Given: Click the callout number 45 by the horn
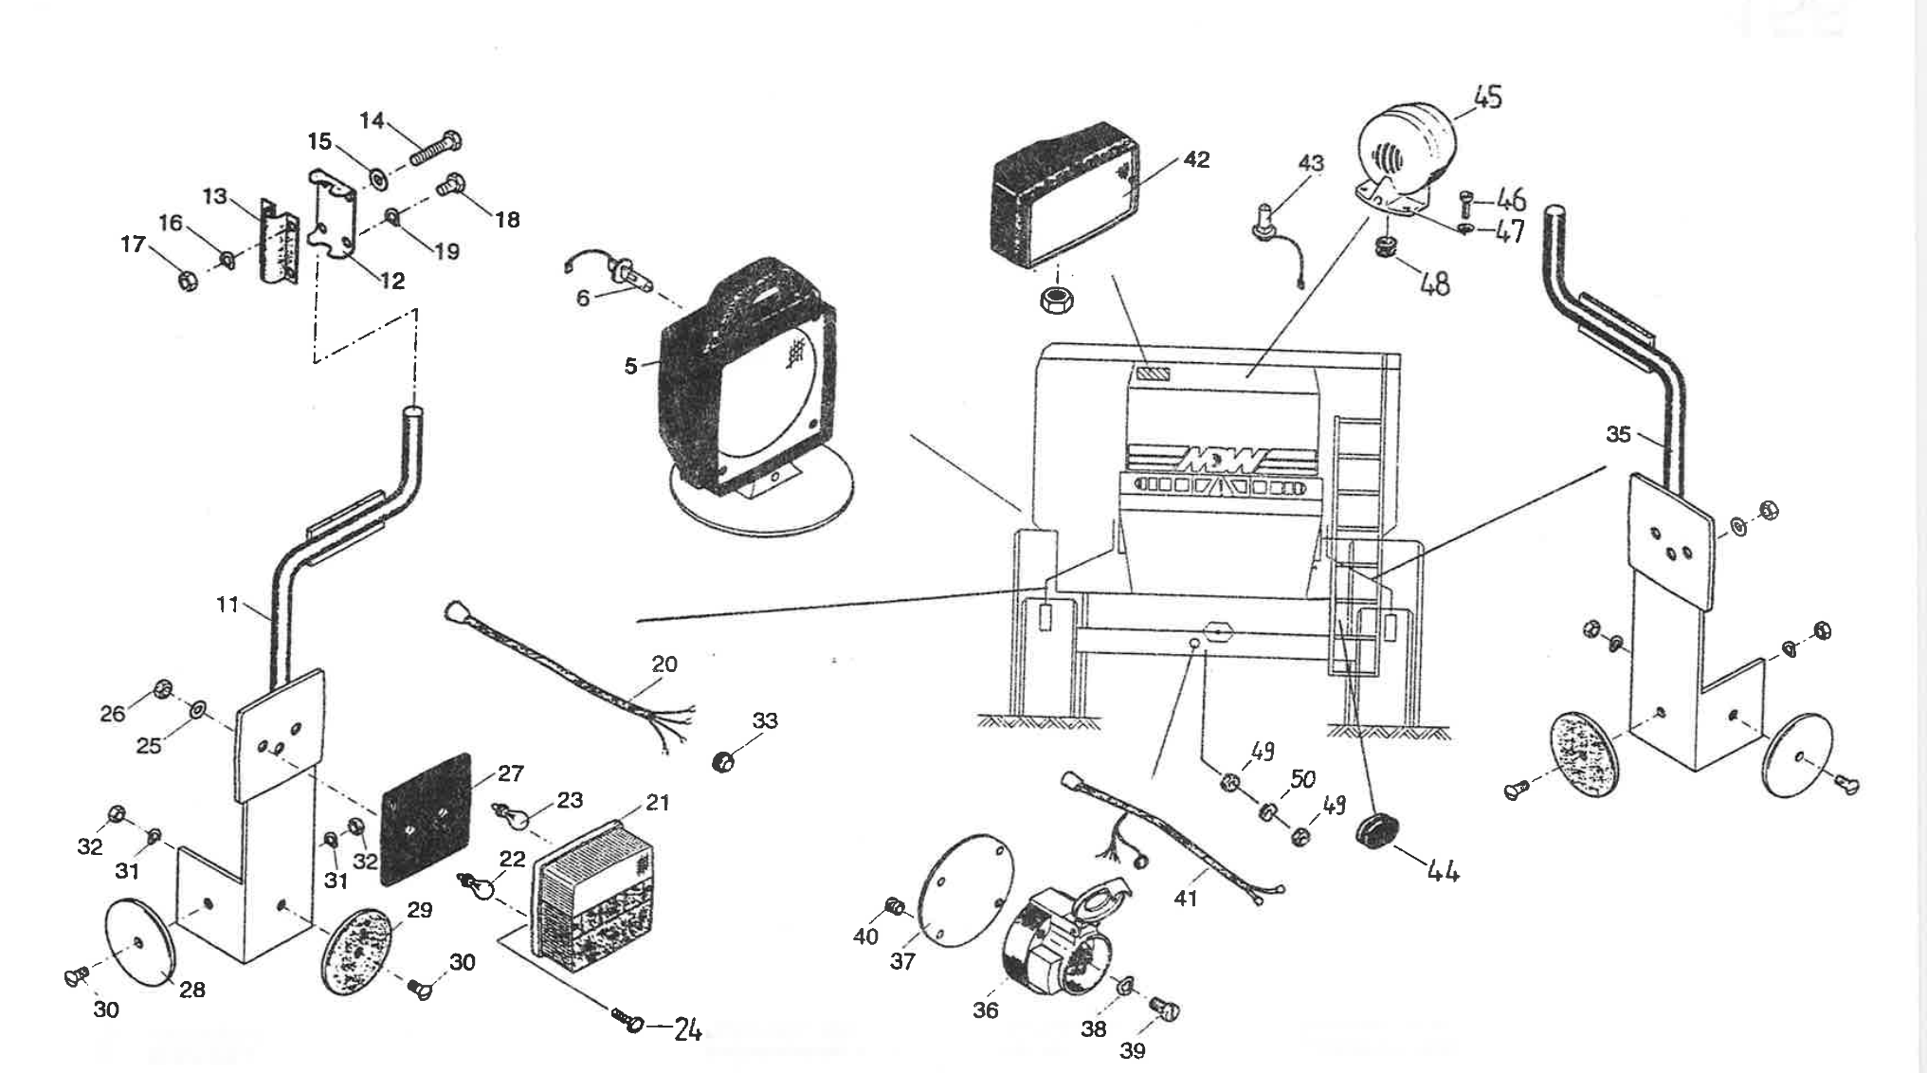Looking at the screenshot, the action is tap(1487, 97).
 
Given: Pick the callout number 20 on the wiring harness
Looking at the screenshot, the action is tap(664, 664).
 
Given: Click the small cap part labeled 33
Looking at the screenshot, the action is tap(723, 760).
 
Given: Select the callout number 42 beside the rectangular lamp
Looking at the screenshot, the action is tap(1197, 159).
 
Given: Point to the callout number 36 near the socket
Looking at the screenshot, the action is tap(986, 1009).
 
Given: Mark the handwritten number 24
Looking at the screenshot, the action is tap(687, 1030).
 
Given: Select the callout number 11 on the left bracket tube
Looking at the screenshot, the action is tap(227, 604).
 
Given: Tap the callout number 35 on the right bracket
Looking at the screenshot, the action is tap(1619, 434).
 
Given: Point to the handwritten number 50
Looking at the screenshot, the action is tap(1303, 779).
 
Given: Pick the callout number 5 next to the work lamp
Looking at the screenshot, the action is tap(631, 366).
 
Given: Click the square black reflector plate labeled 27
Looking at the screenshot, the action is tap(425, 819).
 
